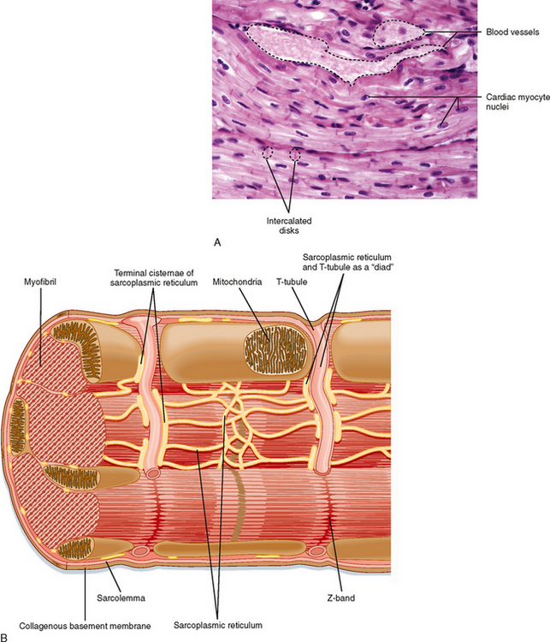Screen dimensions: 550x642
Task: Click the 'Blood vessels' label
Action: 512,32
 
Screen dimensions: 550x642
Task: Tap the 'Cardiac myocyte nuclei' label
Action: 517,102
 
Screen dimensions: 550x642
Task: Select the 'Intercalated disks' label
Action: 289,226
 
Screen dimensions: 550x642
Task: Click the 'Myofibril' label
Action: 40,282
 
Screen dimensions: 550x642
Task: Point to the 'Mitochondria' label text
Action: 237,282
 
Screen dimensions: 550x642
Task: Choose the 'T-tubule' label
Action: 292,282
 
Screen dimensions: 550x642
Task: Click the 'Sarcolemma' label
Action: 121,597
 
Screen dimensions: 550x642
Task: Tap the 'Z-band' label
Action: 341,597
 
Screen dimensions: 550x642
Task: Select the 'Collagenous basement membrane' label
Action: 85,626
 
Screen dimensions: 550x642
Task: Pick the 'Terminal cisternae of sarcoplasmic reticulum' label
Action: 154,277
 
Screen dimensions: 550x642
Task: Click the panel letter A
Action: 217,242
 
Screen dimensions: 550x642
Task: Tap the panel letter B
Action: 4,637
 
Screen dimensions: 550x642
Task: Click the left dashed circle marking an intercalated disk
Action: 268,152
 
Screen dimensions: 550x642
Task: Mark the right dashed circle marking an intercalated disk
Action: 294,153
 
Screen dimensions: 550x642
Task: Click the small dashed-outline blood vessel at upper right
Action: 399,33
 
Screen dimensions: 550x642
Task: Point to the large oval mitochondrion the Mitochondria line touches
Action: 275,351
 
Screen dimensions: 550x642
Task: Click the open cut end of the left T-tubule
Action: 153,473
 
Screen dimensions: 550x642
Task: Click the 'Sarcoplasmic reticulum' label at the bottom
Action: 218,625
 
